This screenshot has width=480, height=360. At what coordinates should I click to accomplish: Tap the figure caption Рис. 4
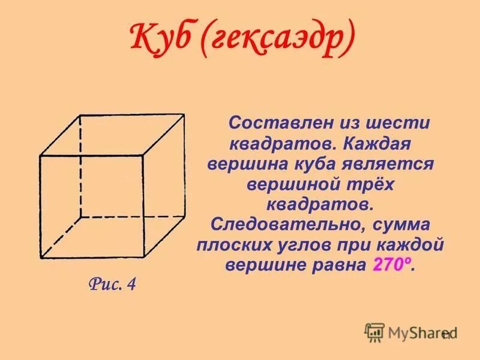(112, 284)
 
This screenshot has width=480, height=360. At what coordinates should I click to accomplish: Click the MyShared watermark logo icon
(374, 332)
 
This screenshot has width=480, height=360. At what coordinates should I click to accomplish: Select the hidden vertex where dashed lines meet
(81, 217)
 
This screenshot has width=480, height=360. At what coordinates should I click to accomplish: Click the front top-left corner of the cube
(40, 157)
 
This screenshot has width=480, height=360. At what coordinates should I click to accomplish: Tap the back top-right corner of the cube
(184, 113)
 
